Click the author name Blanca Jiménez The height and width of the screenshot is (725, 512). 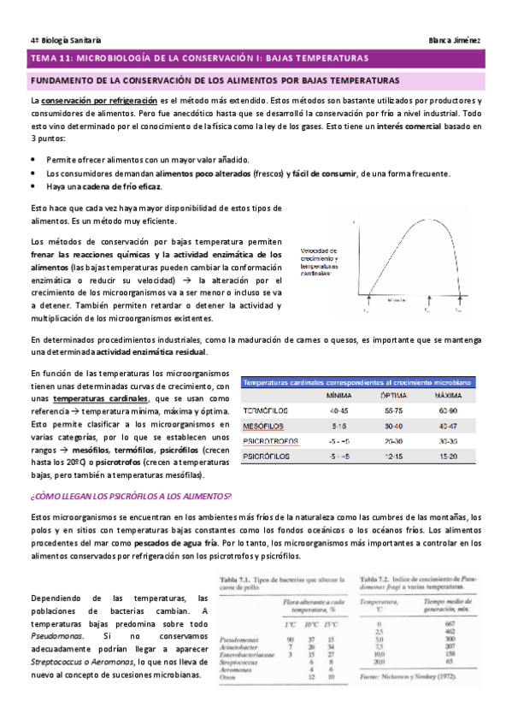pyautogui.click(x=460, y=40)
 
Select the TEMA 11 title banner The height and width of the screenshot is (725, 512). pyautogui.click(x=198, y=58)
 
